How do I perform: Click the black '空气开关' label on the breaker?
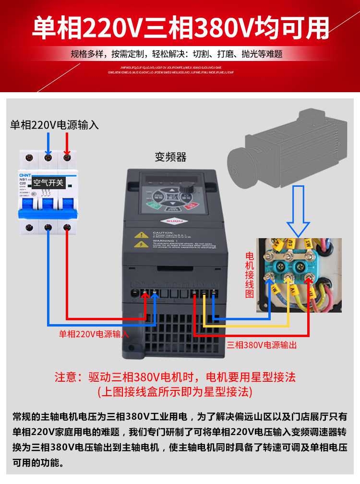pos(48,182)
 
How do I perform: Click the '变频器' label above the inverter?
pos(170,157)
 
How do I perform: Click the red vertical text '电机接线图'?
pos(249,274)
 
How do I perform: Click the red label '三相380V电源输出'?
pos(262,345)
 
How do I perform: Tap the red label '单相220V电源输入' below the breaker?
pos(94,334)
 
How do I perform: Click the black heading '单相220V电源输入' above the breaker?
pos(55,125)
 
